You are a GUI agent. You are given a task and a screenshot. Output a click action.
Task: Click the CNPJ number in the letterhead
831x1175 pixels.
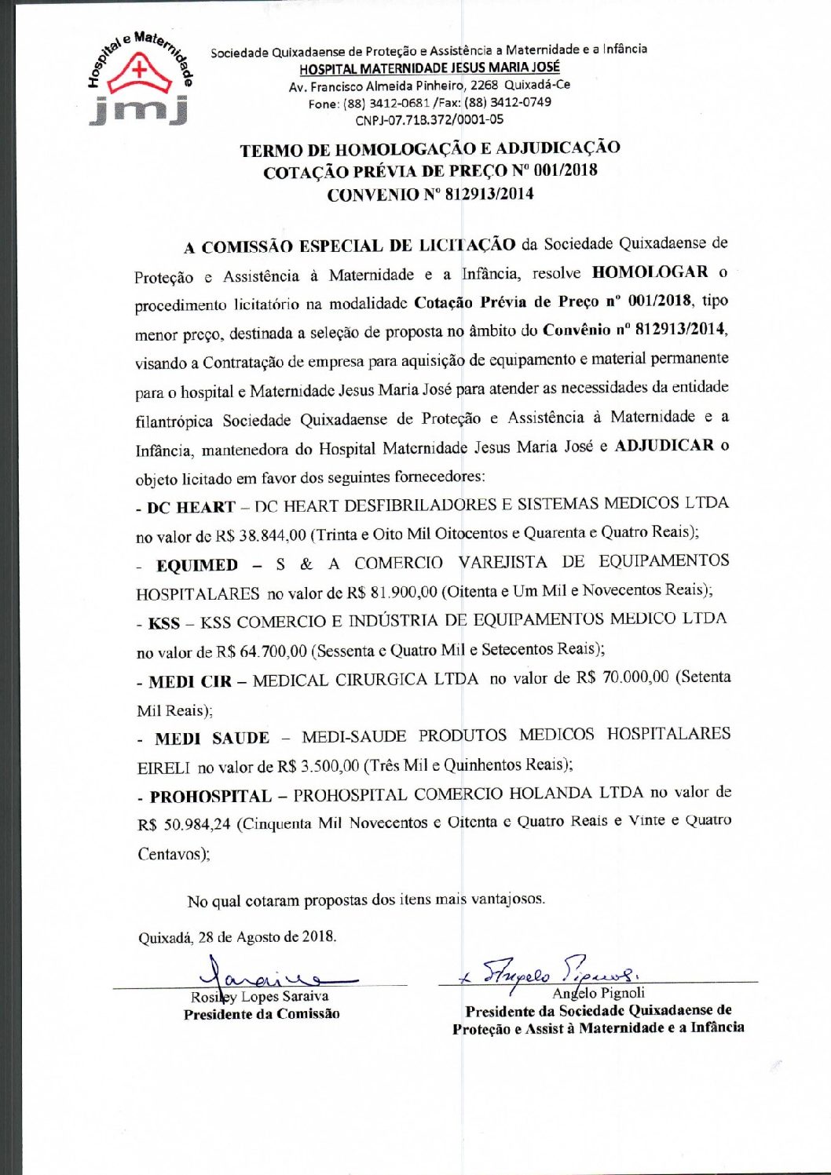pos(429,120)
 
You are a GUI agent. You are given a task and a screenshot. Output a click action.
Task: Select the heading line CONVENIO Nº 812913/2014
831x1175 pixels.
pos(430,194)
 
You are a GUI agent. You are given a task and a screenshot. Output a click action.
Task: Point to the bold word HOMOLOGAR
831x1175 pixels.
pos(650,272)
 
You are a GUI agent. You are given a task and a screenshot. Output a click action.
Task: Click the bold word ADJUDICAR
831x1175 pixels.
pos(664,446)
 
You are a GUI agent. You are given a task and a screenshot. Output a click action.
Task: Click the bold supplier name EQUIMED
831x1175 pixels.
pos(197,565)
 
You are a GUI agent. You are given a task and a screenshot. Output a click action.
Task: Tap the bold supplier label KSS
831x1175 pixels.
pos(164,623)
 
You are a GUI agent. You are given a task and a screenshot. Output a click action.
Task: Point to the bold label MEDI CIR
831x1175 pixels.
pos(190,681)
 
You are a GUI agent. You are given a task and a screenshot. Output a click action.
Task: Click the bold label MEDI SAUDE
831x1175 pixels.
pos(212,739)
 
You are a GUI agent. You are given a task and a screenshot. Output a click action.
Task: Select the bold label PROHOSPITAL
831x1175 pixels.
pos(210,796)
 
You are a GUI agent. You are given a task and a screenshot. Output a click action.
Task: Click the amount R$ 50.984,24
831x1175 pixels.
pos(184,824)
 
